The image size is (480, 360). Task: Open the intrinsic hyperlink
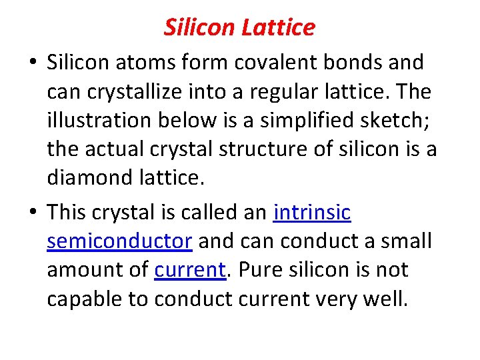click(x=312, y=212)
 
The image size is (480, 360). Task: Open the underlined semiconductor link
click(x=120, y=241)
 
